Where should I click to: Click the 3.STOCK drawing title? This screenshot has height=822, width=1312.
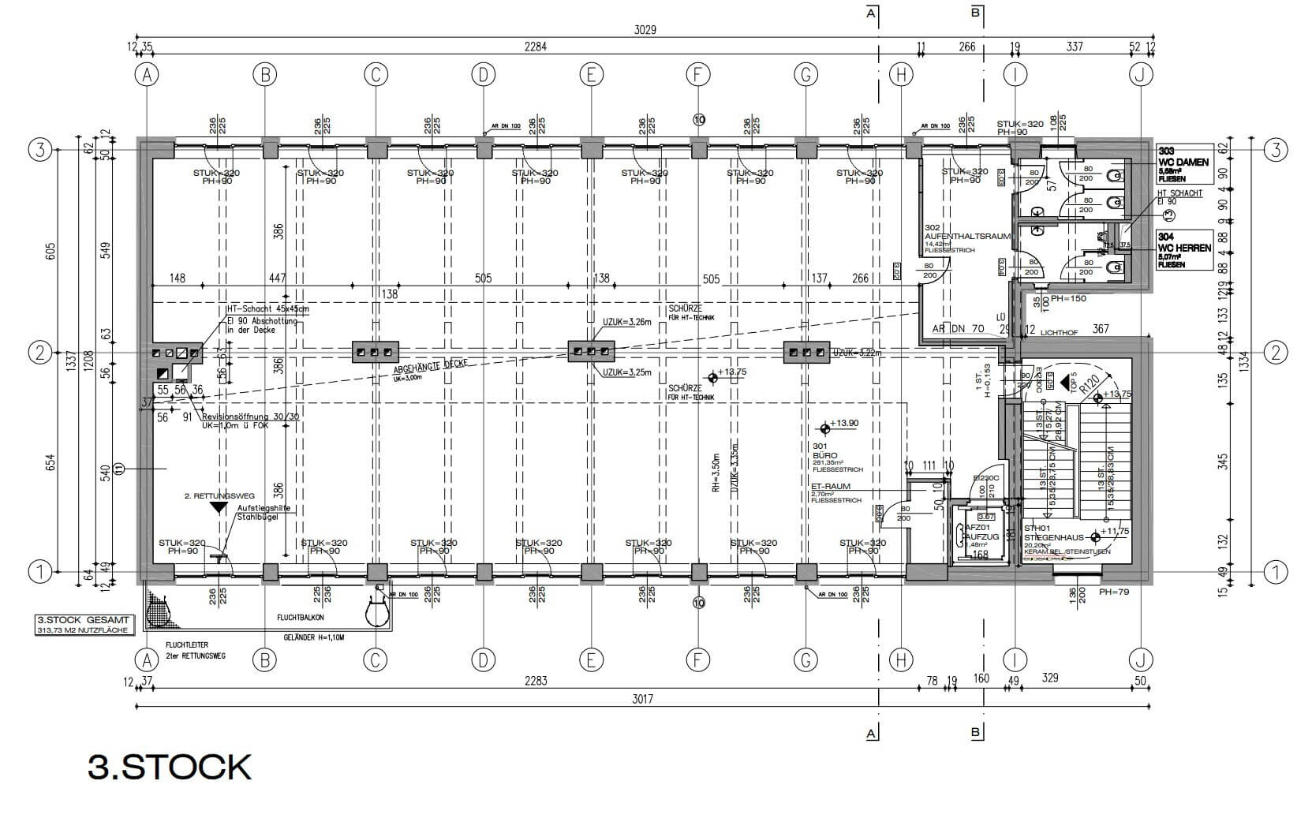(170, 767)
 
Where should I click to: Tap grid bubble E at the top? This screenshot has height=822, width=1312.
(590, 75)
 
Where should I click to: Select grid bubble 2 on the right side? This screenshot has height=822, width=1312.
(1275, 353)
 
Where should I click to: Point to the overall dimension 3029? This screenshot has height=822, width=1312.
(645, 30)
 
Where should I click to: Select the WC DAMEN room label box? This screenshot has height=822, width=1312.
(1183, 164)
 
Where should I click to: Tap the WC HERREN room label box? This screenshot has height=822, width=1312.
(1183, 250)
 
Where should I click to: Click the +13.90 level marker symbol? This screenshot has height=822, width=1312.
(825, 428)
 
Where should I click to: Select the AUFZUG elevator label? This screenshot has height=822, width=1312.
(978, 536)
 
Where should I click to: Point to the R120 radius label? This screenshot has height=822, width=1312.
(1091, 385)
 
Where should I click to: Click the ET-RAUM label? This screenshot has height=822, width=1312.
(830, 487)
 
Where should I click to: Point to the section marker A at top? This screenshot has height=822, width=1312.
(871, 13)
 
